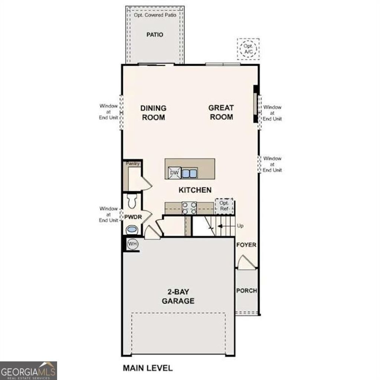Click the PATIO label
(x=154, y=35)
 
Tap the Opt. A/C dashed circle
(x=248, y=49)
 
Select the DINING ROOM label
(x=153, y=113)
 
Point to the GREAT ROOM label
(x=221, y=112)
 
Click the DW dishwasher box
(x=174, y=172)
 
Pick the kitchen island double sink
(x=189, y=173)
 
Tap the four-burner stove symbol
(x=189, y=208)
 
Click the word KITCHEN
(x=195, y=190)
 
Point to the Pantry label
(x=132, y=163)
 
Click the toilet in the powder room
(x=132, y=201)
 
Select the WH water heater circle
(x=132, y=244)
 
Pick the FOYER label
(x=246, y=245)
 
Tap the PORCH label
(x=246, y=291)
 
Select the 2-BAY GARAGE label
(x=178, y=296)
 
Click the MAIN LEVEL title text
(x=147, y=368)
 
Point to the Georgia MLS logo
(x=29, y=370)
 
